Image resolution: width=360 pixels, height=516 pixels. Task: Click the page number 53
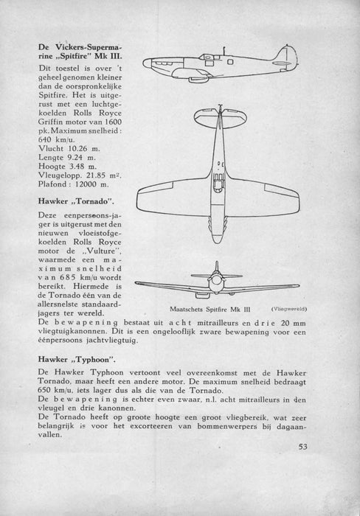point(302,447)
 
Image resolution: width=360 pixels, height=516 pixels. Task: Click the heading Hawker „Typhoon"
point(77,360)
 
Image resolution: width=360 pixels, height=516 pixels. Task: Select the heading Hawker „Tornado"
point(76,201)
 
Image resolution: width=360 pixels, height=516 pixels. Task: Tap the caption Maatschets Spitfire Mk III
point(210,310)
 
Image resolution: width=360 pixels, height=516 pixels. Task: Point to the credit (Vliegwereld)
point(289,309)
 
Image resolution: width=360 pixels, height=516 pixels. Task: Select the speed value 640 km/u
point(56,140)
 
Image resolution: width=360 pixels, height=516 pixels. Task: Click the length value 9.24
point(75,158)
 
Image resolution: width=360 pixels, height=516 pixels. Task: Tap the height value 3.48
point(77,167)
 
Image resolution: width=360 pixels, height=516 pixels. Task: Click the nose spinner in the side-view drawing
point(147,63)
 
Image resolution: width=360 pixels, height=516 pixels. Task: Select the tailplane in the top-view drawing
point(220,117)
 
